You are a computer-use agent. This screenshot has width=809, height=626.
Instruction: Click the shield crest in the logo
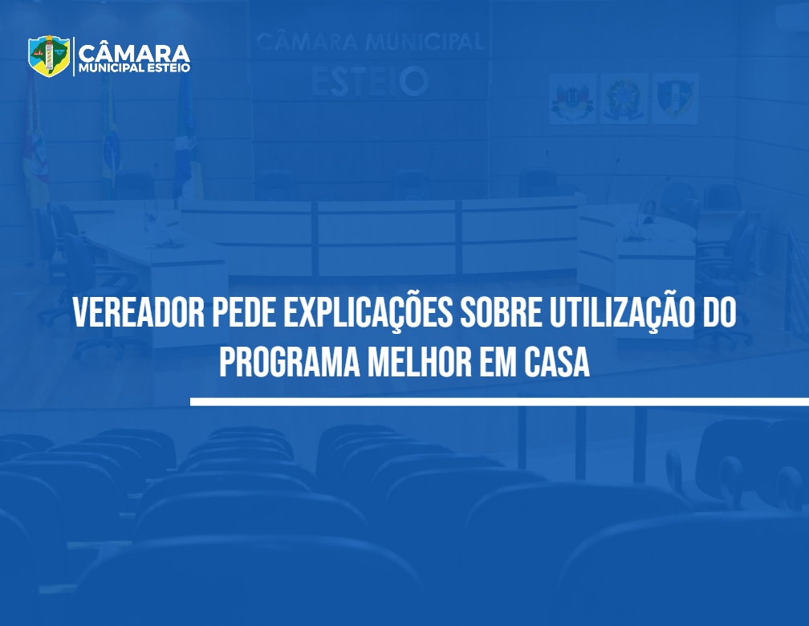49,55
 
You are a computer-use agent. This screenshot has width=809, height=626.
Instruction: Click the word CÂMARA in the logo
134,54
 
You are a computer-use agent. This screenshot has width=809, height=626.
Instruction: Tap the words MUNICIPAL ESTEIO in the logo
134,68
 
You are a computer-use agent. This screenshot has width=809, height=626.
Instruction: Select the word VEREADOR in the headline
139,313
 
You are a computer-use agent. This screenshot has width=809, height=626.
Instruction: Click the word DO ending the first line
718,313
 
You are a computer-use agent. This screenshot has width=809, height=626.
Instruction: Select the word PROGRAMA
290,362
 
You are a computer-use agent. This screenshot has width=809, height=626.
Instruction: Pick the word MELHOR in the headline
419,362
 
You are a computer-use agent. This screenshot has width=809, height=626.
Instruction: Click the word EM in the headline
498,362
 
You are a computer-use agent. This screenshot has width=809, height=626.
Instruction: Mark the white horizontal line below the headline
499,401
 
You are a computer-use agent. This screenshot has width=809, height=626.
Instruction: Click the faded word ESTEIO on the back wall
370,82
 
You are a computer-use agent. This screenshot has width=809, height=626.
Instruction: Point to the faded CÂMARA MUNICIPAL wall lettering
369,42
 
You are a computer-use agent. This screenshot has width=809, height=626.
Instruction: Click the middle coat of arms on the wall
624,98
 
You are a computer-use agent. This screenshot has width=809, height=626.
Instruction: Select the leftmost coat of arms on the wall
572,98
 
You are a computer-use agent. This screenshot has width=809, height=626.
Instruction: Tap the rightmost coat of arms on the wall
676,98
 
